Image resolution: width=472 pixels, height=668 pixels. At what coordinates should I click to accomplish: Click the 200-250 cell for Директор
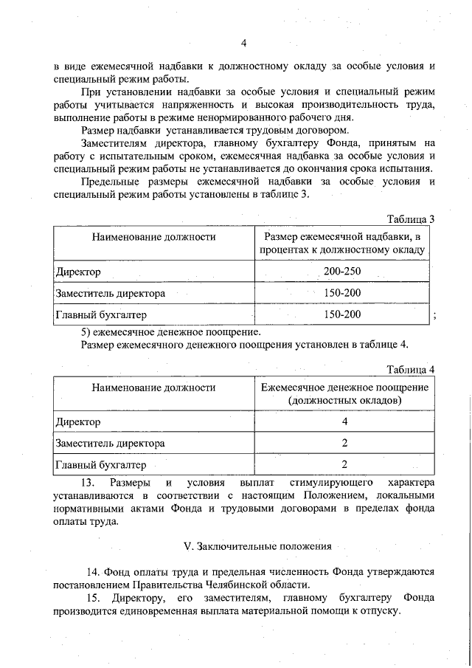(x=342, y=272)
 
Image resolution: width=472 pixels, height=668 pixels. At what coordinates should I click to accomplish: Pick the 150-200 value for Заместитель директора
(x=342, y=294)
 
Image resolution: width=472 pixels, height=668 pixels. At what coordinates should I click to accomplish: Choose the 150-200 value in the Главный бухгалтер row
(x=342, y=315)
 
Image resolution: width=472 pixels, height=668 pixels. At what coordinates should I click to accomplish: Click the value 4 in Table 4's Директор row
(x=344, y=422)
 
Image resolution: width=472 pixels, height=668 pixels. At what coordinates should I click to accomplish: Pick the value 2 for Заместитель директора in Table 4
(x=344, y=444)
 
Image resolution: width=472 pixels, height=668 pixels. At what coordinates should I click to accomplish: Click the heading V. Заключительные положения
(x=257, y=547)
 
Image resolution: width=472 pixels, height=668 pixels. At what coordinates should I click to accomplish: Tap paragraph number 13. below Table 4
(x=88, y=482)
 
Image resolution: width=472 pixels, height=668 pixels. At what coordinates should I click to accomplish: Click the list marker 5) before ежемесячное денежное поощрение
(x=85, y=332)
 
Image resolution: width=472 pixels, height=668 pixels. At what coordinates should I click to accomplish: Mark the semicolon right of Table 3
(x=437, y=316)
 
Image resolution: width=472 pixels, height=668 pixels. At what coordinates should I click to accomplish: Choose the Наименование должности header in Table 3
(x=153, y=237)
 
